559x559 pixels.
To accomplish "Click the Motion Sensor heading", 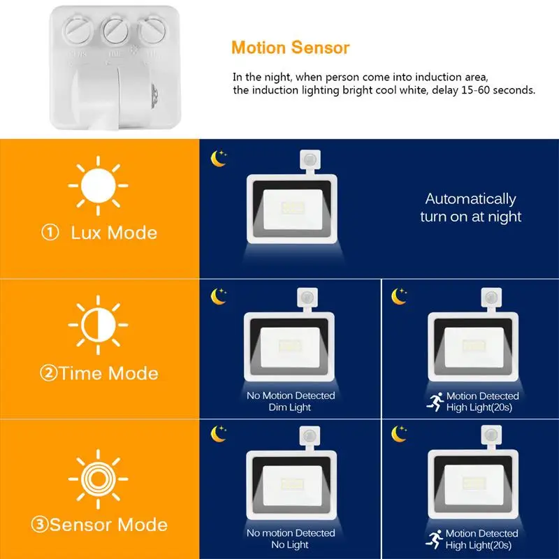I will (x=290, y=48).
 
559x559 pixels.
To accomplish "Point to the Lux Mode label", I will (x=99, y=233).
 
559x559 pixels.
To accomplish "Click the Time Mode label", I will (x=99, y=372).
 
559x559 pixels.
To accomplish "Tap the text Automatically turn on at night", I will (x=470, y=208).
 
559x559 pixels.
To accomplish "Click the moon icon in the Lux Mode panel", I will (x=219, y=159).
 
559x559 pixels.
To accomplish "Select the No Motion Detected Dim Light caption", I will (x=291, y=401).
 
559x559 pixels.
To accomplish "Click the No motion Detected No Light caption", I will (x=291, y=539).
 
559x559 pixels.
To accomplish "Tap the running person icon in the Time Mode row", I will (x=434, y=402).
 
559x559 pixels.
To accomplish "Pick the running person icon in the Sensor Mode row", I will (x=434, y=539).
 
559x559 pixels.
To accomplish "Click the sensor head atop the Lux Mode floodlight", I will (x=307, y=161).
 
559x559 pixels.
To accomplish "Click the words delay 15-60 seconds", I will (x=484, y=91).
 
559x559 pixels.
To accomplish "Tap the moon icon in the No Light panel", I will (x=219, y=434).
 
